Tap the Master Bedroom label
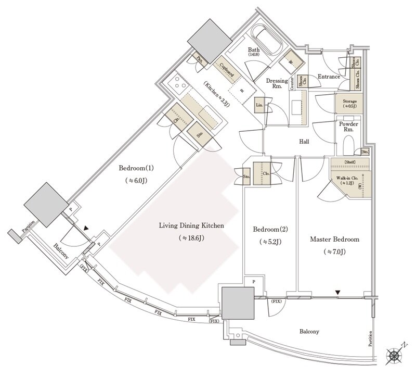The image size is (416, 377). coord(334,239)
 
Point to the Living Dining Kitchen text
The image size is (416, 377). coord(191,226)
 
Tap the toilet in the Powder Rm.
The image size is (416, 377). coord(348,141)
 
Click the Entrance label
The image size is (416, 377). coord(329,77)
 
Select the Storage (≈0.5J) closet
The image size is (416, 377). coord(349,103)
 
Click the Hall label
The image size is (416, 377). coord(305,141)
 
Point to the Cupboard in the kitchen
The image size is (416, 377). coord(226,70)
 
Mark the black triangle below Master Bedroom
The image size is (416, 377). coord(339,293)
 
